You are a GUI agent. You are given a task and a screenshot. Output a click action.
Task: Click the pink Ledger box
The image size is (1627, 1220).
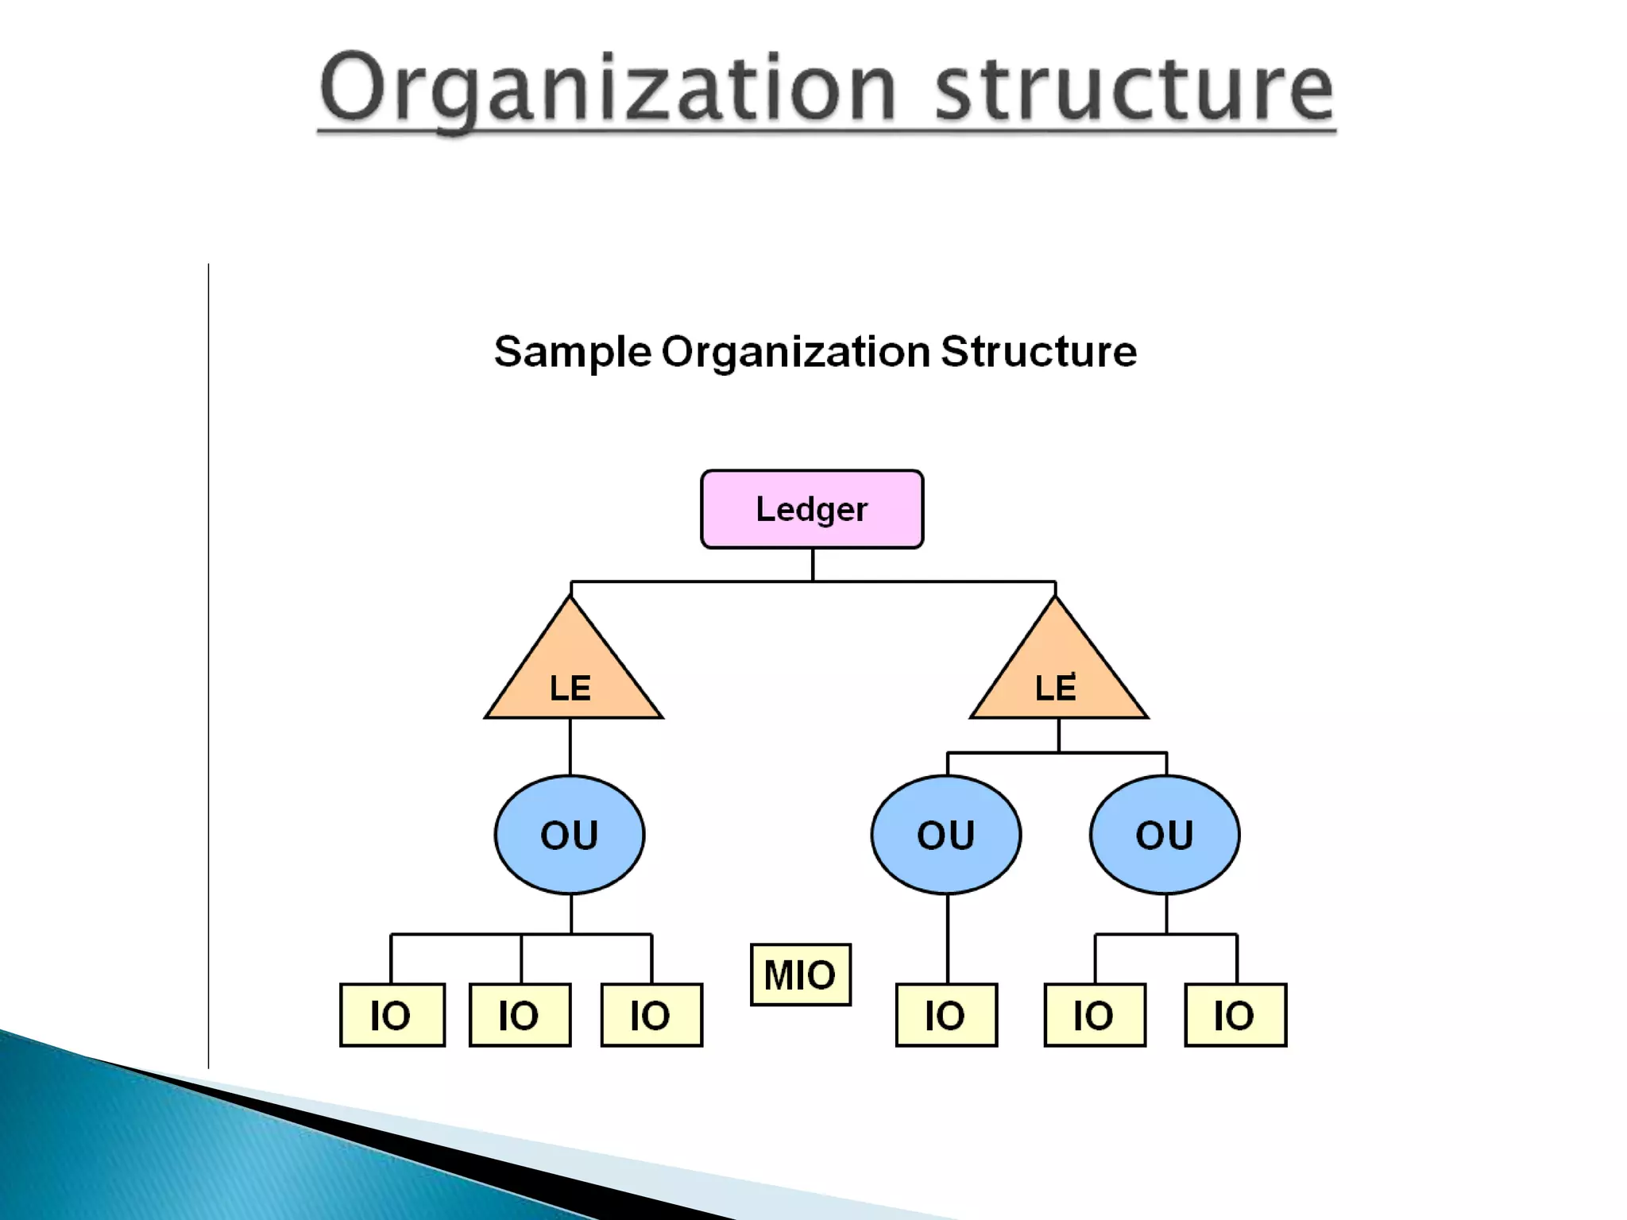pos(812,509)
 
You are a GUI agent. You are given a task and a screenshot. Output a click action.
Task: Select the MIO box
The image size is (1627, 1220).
pos(800,975)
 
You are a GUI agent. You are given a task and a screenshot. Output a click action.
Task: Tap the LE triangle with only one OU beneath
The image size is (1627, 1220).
pos(572,675)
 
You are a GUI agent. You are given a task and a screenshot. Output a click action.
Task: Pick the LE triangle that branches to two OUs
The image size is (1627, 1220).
pos(1057,675)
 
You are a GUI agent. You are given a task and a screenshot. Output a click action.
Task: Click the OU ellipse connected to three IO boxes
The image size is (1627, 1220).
pos(570,835)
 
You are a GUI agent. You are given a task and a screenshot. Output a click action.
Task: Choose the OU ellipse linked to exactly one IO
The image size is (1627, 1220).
pos(946,835)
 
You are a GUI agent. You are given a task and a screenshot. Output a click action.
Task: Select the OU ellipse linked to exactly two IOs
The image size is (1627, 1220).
pos(1165,835)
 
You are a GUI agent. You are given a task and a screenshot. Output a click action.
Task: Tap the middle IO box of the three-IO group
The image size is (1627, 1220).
pos(520,1015)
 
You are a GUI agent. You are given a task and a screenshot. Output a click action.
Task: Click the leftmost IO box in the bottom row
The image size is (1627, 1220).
pos(392,1015)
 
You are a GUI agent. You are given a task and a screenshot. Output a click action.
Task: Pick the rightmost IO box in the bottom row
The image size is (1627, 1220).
pos(1235,1015)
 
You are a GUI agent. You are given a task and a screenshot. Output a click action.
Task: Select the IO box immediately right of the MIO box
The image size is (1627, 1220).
pos(946,1015)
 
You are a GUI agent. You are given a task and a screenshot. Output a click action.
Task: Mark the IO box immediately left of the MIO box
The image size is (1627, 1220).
pos(651,1015)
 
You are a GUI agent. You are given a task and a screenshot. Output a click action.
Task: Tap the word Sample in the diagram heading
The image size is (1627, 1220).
pos(572,352)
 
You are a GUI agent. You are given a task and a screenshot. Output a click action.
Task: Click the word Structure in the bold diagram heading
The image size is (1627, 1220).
pos(1038,352)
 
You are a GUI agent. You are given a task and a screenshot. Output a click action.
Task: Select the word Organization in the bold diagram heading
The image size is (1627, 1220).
pos(795,352)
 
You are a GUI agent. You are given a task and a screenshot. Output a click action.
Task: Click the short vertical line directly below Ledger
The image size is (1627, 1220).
pos(813,565)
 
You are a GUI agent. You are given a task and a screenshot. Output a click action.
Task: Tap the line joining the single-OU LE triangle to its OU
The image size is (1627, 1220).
pos(570,747)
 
